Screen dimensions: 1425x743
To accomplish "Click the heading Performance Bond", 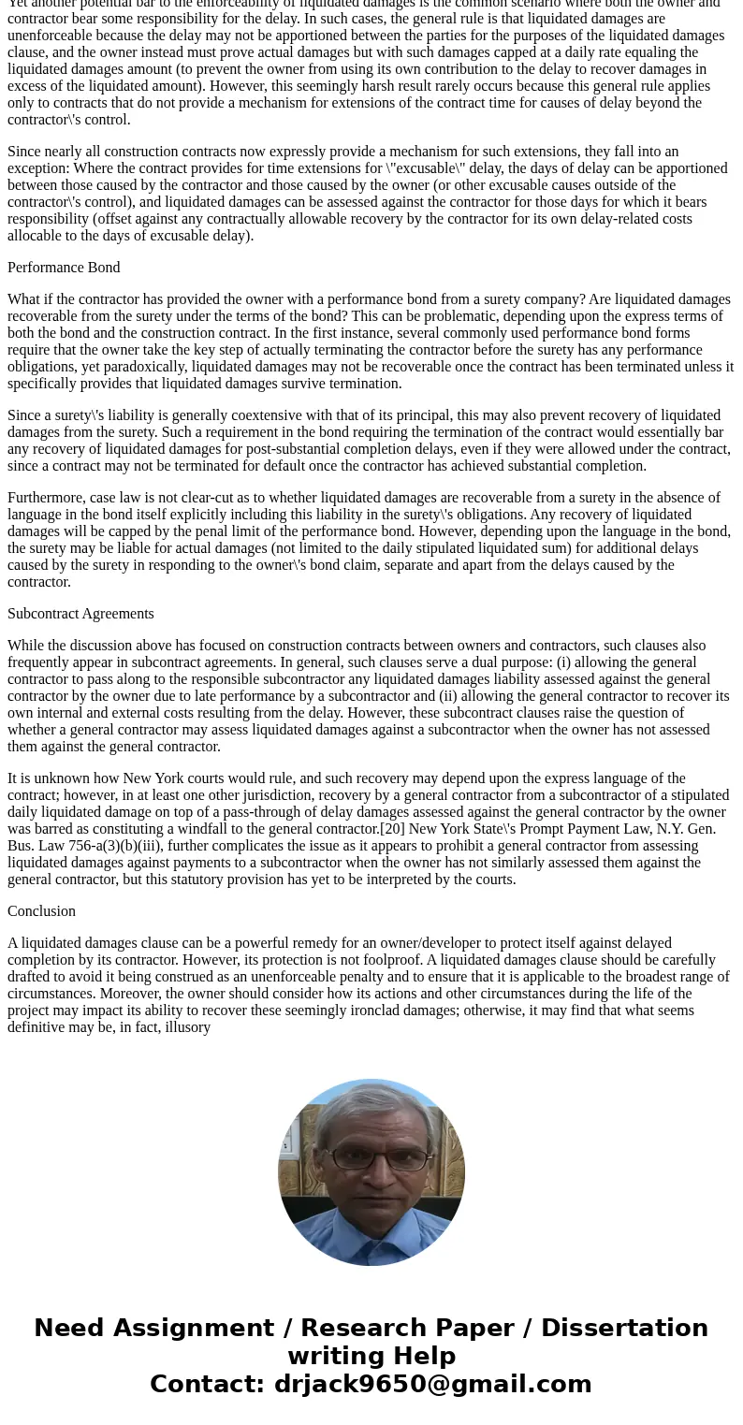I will (64, 268).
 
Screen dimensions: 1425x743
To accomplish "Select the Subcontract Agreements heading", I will (80, 614).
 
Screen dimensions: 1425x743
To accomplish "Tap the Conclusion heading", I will (41, 911).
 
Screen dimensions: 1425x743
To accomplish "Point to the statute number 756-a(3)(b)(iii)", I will (115, 846).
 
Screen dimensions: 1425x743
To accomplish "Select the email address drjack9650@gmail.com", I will (432, 1384).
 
